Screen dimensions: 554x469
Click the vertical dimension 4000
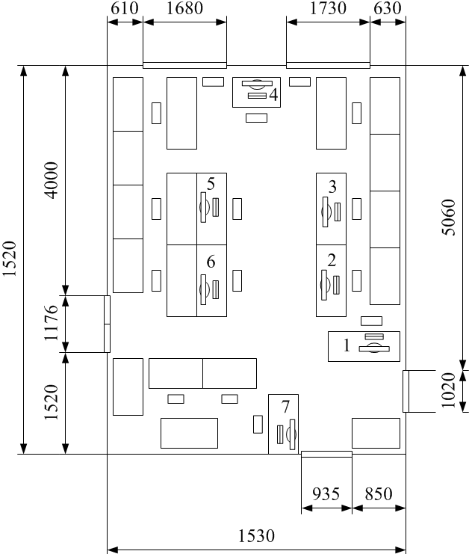coord(52,181)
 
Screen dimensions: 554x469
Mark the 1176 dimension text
coord(52,324)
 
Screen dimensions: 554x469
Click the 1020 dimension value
coord(447,391)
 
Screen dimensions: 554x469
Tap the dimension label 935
coord(326,494)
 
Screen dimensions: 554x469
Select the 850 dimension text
coord(378,494)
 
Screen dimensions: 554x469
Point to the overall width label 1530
coord(256,536)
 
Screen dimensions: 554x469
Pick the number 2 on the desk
coord(332,260)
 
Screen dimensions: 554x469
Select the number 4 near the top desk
coord(273,95)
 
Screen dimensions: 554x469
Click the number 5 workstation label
coord(211,183)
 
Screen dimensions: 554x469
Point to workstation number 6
coord(211,262)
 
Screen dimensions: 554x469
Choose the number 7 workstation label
coord(285,407)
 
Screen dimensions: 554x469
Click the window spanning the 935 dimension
coord(326,454)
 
